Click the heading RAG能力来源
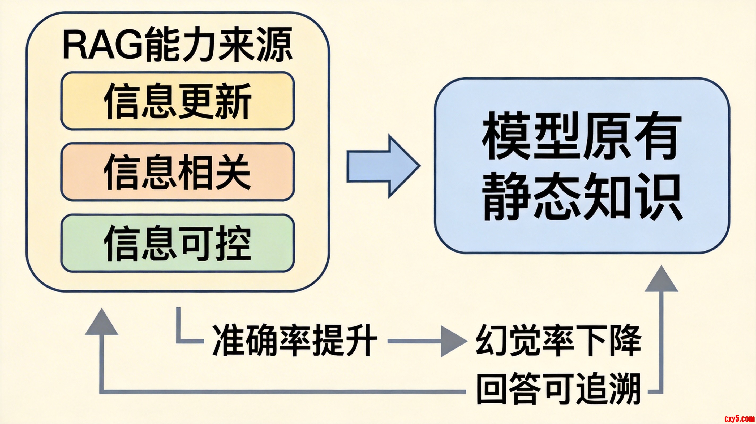click(x=178, y=44)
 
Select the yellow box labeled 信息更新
click(x=178, y=101)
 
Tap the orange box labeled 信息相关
click(x=178, y=172)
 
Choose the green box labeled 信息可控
click(x=178, y=243)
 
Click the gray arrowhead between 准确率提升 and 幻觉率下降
click(x=453, y=341)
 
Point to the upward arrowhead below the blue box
click(x=661, y=280)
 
